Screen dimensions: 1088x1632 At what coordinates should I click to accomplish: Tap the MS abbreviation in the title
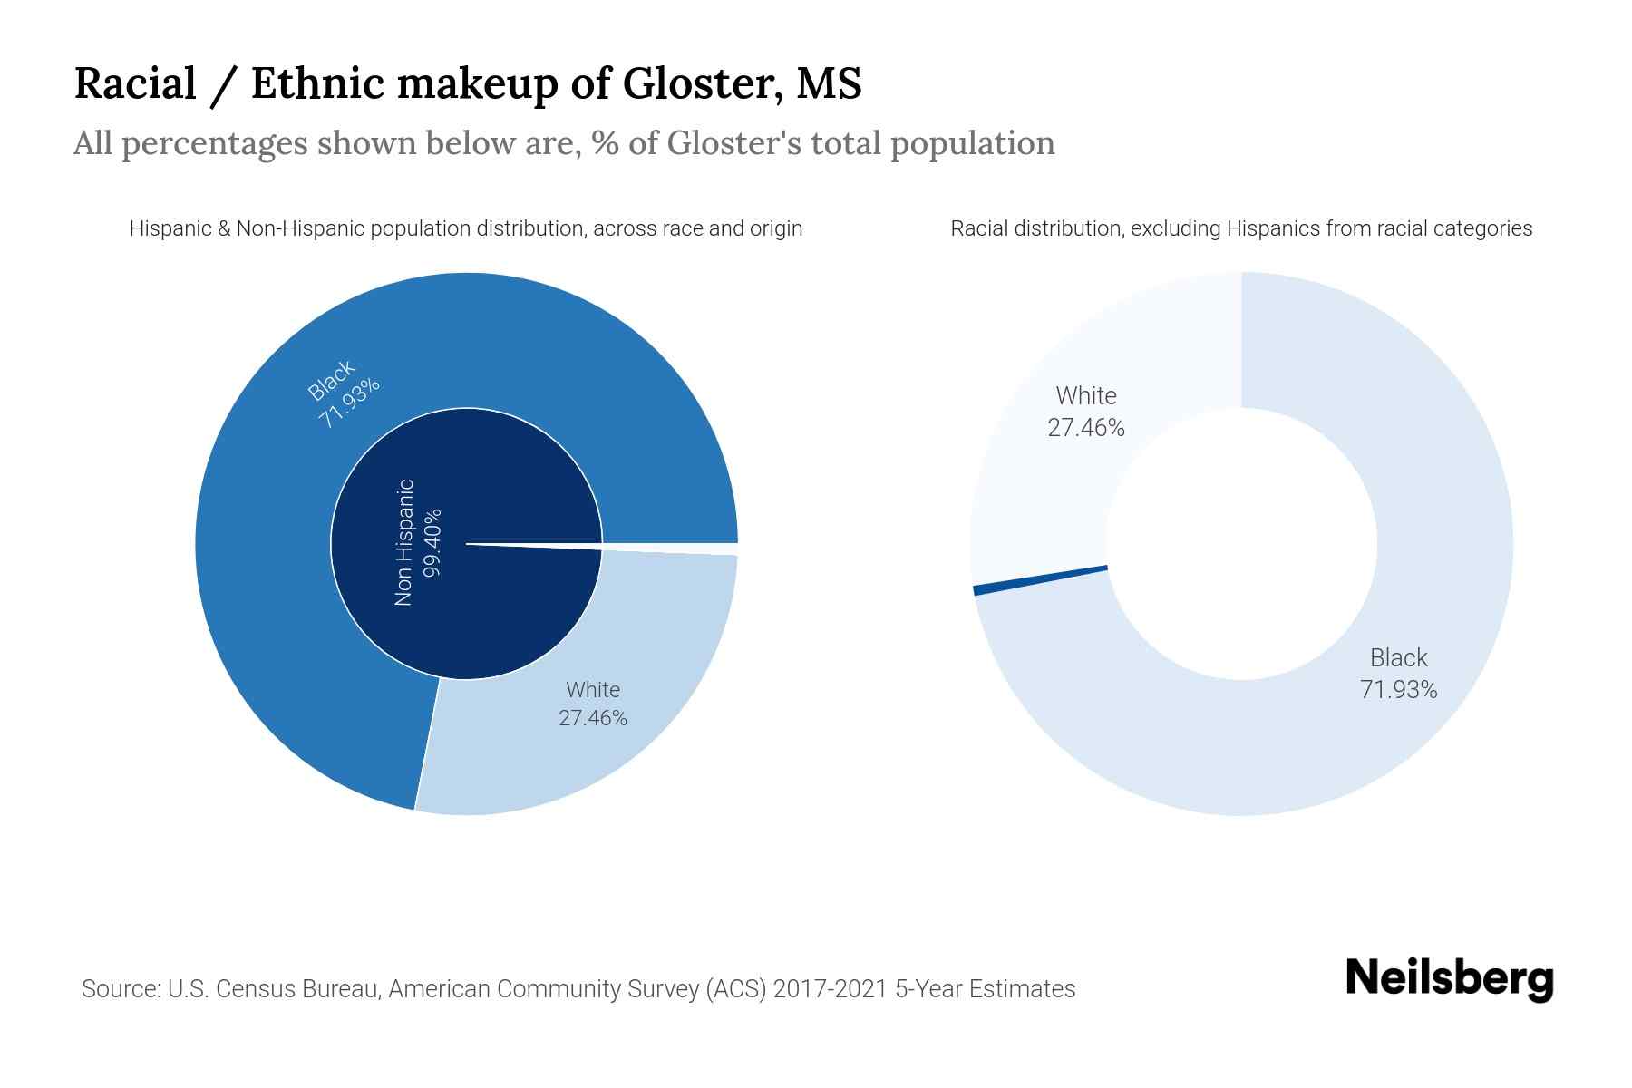pyautogui.click(x=828, y=83)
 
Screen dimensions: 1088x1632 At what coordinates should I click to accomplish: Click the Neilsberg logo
pyautogui.click(x=1449, y=979)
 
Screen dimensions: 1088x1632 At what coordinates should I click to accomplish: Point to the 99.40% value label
pyautogui.click(x=432, y=542)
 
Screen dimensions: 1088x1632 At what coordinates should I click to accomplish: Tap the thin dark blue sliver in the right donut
pyautogui.click(x=1040, y=579)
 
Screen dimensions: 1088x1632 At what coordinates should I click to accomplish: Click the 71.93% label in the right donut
pyautogui.click(x=1398, y=690)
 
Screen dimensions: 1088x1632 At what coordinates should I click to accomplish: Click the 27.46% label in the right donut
pyautogui.click(x=1085, y=428)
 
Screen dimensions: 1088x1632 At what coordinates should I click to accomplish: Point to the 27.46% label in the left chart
pyautogui.click(x=592, y=718)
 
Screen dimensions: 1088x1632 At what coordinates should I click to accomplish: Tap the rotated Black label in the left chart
pyautogui.click(x=331, y=380)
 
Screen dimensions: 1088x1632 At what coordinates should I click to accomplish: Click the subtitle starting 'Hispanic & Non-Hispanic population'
pyautogui.click(x=465, y=228)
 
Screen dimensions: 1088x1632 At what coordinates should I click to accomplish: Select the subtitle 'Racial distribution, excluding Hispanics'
pyautogui.click(x=1240, y=228)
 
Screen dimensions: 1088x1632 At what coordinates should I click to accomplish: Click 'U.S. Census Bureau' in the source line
pyautogui.click(x=273, y=988)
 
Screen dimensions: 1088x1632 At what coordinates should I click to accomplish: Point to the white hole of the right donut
pyautogui.click(x=1240, y=544)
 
